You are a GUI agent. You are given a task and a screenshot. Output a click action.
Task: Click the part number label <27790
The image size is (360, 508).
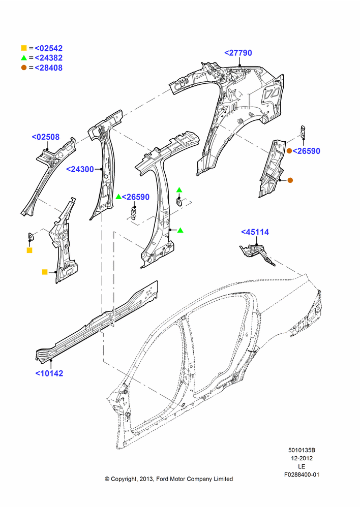238,53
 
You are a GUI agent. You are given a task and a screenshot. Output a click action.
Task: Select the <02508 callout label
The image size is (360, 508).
46,137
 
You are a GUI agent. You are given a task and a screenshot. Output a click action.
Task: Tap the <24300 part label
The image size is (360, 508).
80,169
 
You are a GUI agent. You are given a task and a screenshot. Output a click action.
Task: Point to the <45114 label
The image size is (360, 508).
255,232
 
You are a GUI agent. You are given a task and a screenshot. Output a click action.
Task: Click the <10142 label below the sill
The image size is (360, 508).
49,373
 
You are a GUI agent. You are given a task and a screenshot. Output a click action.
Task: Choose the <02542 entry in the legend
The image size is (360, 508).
49,48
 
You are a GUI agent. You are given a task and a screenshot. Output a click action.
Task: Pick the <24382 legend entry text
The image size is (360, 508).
49,58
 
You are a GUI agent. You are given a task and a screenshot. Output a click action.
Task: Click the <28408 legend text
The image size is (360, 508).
49,68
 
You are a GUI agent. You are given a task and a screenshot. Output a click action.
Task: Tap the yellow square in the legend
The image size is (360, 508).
24,48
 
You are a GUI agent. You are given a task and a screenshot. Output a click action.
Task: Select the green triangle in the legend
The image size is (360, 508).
24,58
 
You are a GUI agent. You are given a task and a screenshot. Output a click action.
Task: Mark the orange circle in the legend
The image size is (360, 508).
24,68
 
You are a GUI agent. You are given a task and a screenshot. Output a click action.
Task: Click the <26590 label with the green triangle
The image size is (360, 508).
136,197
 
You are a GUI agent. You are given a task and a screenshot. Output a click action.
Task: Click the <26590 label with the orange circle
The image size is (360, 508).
307,151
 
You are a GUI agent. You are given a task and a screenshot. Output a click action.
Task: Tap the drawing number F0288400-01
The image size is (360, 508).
302,474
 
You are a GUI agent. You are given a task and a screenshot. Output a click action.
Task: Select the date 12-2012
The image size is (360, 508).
302,458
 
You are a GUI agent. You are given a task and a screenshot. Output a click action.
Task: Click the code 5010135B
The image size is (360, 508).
302,450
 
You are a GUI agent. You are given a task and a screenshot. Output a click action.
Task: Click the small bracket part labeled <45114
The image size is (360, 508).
257,255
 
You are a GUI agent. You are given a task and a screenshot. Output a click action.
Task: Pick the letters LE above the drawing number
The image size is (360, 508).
302,466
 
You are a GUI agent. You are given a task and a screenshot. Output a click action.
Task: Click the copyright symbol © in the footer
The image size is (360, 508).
107,479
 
